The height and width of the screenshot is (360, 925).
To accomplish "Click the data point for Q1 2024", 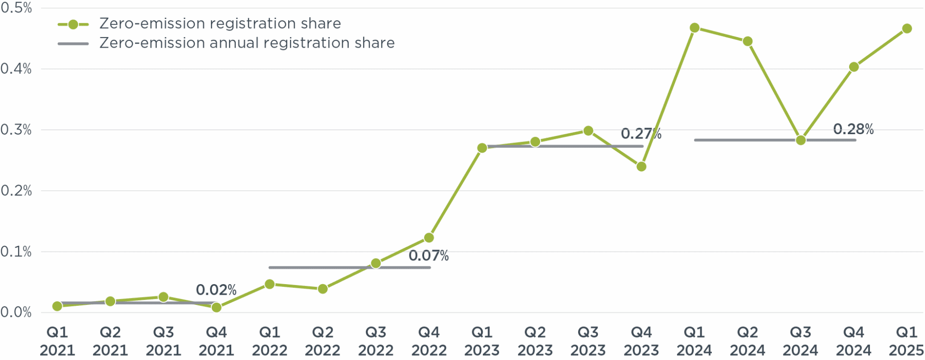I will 694,28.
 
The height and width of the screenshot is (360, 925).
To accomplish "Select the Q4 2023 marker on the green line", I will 641,166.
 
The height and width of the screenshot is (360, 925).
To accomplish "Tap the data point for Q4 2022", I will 429,237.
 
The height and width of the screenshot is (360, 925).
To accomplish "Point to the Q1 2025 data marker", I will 906,29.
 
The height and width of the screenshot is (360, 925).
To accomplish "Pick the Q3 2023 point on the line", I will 588,131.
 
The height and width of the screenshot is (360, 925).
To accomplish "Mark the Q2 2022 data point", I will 323,289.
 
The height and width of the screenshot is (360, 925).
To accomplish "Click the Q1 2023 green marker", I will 482,148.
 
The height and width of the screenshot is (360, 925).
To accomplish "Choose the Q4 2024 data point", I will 854,67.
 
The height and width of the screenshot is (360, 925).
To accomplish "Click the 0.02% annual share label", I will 216,290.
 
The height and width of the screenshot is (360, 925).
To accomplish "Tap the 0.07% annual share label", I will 428,255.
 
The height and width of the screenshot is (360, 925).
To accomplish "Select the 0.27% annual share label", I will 641,134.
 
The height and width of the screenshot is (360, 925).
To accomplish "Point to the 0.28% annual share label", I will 853,129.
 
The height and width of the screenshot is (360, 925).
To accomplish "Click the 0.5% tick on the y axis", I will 16,8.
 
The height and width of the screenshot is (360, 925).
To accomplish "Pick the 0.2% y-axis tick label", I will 16,191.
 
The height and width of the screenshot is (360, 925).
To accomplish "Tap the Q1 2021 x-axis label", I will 57,341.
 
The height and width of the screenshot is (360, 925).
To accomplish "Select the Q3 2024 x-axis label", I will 800,341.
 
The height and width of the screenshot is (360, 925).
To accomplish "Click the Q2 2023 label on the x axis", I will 535,341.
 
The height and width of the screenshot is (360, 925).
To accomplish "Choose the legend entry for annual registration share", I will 247,43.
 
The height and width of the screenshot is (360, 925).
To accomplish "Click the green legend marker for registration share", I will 73,25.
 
